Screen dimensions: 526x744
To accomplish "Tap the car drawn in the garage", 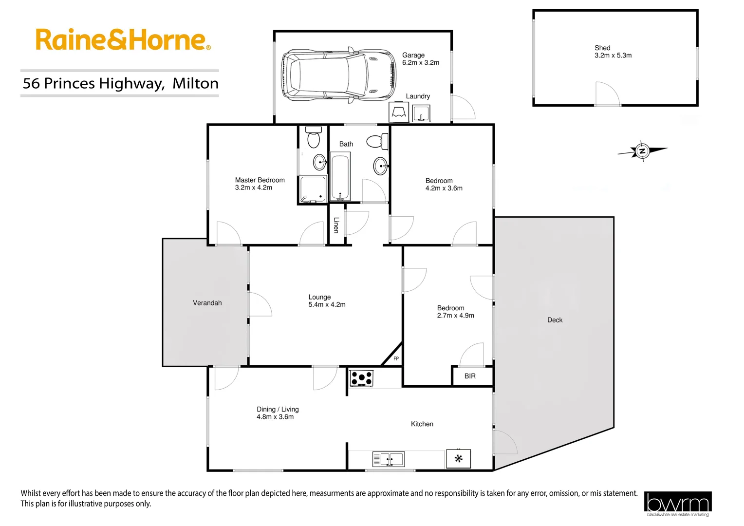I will click(339, 75).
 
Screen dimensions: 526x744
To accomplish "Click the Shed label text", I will click(602, 48).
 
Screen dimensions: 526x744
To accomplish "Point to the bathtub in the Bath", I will click(340, 177).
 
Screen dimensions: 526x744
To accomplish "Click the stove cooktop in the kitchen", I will click(361, 378).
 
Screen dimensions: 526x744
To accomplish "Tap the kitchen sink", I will click(389, 459).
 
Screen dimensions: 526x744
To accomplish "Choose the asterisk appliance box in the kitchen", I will click(458, 459).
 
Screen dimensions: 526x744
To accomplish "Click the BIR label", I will click(470, 376).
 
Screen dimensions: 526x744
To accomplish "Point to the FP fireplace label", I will click(396, 358).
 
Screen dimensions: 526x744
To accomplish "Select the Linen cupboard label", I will click(336, 225).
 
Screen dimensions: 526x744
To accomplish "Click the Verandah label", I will click(207, 303).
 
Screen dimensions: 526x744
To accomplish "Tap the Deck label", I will click(555, 320).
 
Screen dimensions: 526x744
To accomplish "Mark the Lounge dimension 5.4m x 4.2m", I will click(327, 305).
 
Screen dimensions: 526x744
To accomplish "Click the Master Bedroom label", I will click(260, 180).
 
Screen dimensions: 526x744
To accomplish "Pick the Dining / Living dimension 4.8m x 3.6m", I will click(275, 417).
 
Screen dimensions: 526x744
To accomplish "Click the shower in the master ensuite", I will click(313, 189).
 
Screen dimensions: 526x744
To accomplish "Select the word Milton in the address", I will click(196, 83).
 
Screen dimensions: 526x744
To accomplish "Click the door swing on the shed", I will click(607, 93).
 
